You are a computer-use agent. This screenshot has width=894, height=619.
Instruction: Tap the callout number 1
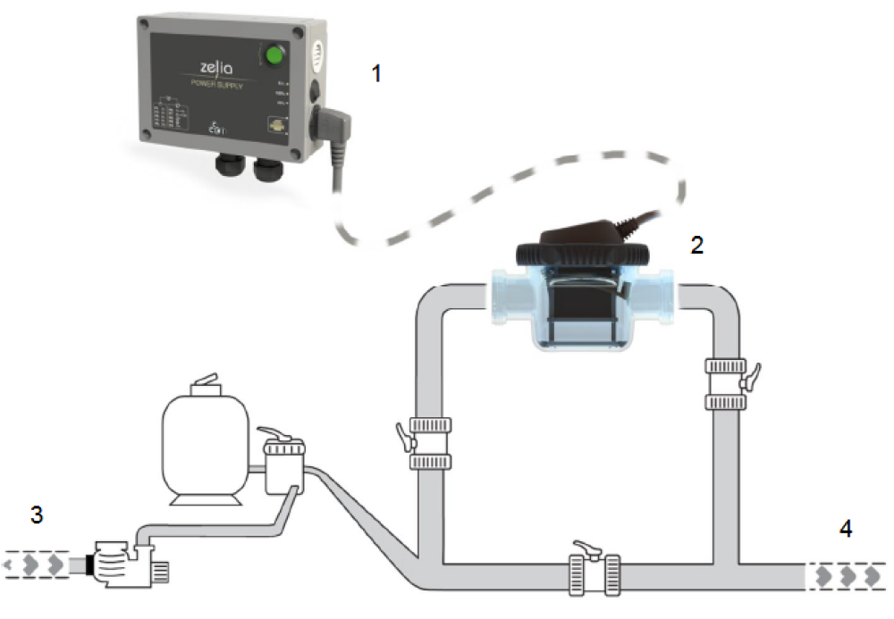tap(376, 74)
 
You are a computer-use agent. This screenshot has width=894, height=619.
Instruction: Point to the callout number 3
tap(36, 514)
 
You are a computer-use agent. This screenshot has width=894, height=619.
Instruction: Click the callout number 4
tap(845, 528)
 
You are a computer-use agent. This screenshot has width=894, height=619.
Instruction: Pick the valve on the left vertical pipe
tap(429, 442)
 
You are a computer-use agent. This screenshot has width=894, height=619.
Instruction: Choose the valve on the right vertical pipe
tap(725, 383)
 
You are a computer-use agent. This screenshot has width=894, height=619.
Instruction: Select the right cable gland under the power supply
tap(266, 168)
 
